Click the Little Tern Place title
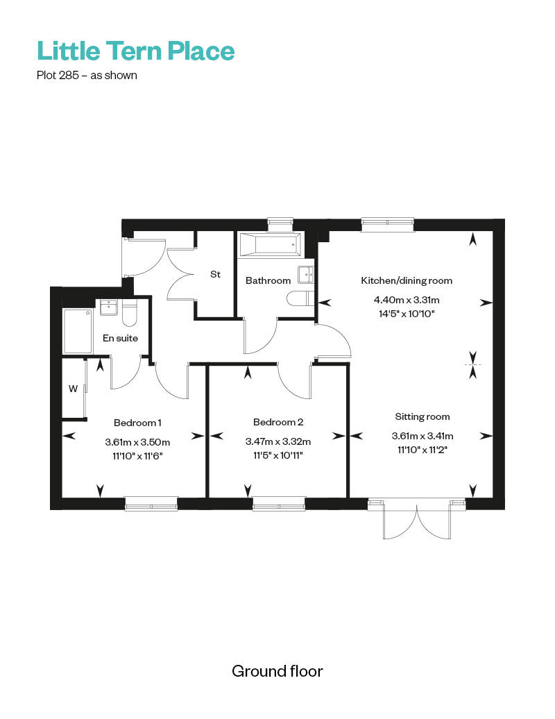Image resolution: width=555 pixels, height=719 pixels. [x=136, y=51]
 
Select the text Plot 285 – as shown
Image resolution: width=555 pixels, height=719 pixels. [x=87, y=75]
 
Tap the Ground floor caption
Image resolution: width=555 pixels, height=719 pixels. [x=277, y=671]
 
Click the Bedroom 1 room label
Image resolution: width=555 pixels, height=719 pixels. [x=137, y=423]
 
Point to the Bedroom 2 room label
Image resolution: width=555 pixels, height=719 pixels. [x=278, y=422]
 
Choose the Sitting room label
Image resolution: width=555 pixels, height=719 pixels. [x=422, y=417]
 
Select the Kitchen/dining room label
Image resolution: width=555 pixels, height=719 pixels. [x=407, y=280]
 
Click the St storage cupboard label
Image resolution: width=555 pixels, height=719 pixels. [x=215, y=274]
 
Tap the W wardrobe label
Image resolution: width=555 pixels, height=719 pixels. [x=73, y=389]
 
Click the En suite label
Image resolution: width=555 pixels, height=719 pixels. [x=120, y=339]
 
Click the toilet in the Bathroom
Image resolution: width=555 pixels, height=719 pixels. [x=300, y=298]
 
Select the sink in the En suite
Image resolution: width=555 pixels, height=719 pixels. [x=109, y=307]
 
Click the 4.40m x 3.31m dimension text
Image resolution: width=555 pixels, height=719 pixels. [x=407, y=301]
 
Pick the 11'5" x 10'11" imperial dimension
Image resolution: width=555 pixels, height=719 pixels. [x=278, y=455]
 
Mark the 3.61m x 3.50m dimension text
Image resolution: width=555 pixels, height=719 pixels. [x=137, y=443]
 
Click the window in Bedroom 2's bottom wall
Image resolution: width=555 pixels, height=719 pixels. [x=279, y=503]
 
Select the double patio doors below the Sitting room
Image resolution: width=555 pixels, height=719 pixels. [x=417, y=520]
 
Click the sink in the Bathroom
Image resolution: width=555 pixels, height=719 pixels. [x=305, y=275]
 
